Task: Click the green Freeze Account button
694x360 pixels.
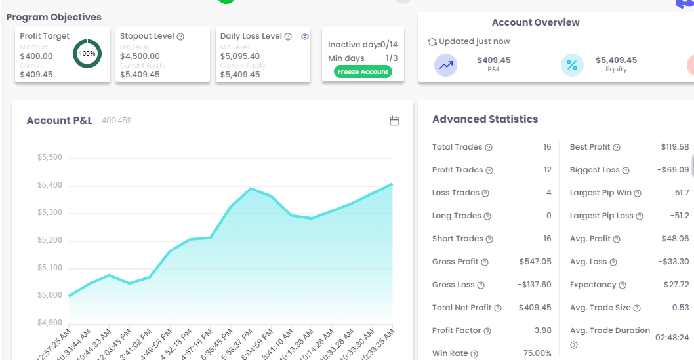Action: (x=363, y=71)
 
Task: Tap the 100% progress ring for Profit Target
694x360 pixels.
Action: (x=87, y=53)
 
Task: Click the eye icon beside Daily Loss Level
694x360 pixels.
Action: (x=305, y=37)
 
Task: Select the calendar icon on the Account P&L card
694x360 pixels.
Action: (x=394, y=121)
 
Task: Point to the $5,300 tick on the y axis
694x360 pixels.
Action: (x=50, y=212)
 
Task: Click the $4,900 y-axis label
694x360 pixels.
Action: (x=50, y=323)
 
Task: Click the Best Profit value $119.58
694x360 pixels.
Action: (x=675, y=147)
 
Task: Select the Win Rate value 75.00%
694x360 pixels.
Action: (x=537, y=353)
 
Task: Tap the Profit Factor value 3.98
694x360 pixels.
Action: (x=542, y=330)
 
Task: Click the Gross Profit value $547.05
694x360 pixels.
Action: (x=535, y=262)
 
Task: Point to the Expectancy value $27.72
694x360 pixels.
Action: (x=676, y=285)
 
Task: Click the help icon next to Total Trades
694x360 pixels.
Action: (x=489, y=148)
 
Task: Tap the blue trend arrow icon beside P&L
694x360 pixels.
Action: (x=446, y=65)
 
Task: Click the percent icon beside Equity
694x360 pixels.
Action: (x=572, y=65)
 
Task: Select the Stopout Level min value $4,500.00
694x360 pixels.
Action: (x=140, y=56)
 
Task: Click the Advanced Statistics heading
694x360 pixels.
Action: (x=485, y=119)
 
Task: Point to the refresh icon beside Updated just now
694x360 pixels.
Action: (x=432, y=42)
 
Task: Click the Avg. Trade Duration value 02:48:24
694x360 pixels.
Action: (x=672, y=337)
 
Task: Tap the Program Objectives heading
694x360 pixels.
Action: (x=54, y=17)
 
